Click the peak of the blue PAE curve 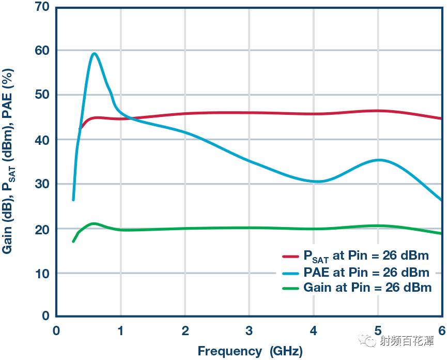pos(94,53)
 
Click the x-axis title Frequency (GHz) pos(250,351)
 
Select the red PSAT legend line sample pos(291,256)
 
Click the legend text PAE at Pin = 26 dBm pos(366,272)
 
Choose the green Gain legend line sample pos(291,288)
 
